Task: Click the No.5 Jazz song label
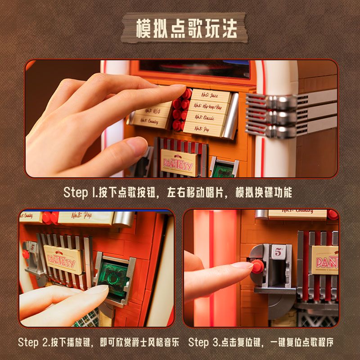[x=210, y=95]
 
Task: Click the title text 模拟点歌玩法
[x=186, y=29]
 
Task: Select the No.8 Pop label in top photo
[x=203, y=128]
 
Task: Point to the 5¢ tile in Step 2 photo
[x=31, y=246]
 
